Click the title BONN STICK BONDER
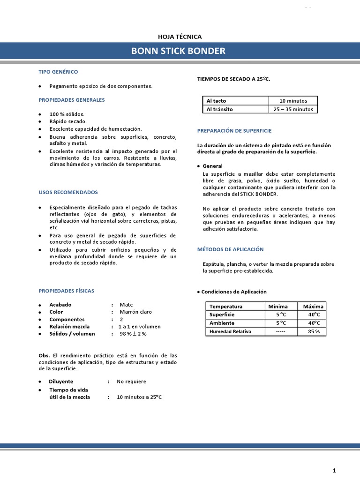click(178, 51)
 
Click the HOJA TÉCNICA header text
click(180, 37)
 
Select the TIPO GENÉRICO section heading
click(58, 72)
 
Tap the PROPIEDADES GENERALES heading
click(71, 100)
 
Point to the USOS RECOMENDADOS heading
click(68, 192)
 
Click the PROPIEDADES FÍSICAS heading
click(66, 291)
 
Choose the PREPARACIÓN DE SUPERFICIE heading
click(234, 130)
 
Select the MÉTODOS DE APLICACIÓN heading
click(230, 249)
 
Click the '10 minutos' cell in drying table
click(293, 101)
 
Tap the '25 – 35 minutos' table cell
click(293, 109)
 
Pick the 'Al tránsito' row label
click(219, 109)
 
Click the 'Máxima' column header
click(313, 306)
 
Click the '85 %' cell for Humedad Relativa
click(314, 331)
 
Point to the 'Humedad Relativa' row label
click(230, 331)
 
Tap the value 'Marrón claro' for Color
click(135, 312)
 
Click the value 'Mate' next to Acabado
click(126, 305)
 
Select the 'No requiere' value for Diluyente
click(131, 381)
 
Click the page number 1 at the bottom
click(334, 470)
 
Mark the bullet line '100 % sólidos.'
click(67, 114)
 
